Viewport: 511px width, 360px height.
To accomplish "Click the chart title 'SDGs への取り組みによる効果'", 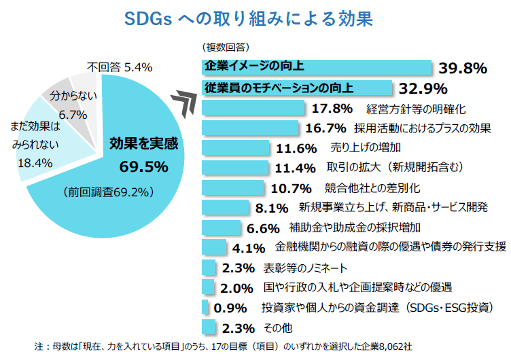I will [249, 18].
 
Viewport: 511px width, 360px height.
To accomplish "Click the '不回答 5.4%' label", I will [120, 67].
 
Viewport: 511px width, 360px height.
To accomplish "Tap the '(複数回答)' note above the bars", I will [224, 48].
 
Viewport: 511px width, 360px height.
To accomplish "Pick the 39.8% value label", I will [463, 68].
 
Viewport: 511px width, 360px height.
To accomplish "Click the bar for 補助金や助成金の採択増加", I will [222, 227].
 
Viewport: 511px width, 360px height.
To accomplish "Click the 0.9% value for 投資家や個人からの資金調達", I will [229, 307].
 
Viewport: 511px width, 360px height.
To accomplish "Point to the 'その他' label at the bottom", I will [277, 327].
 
